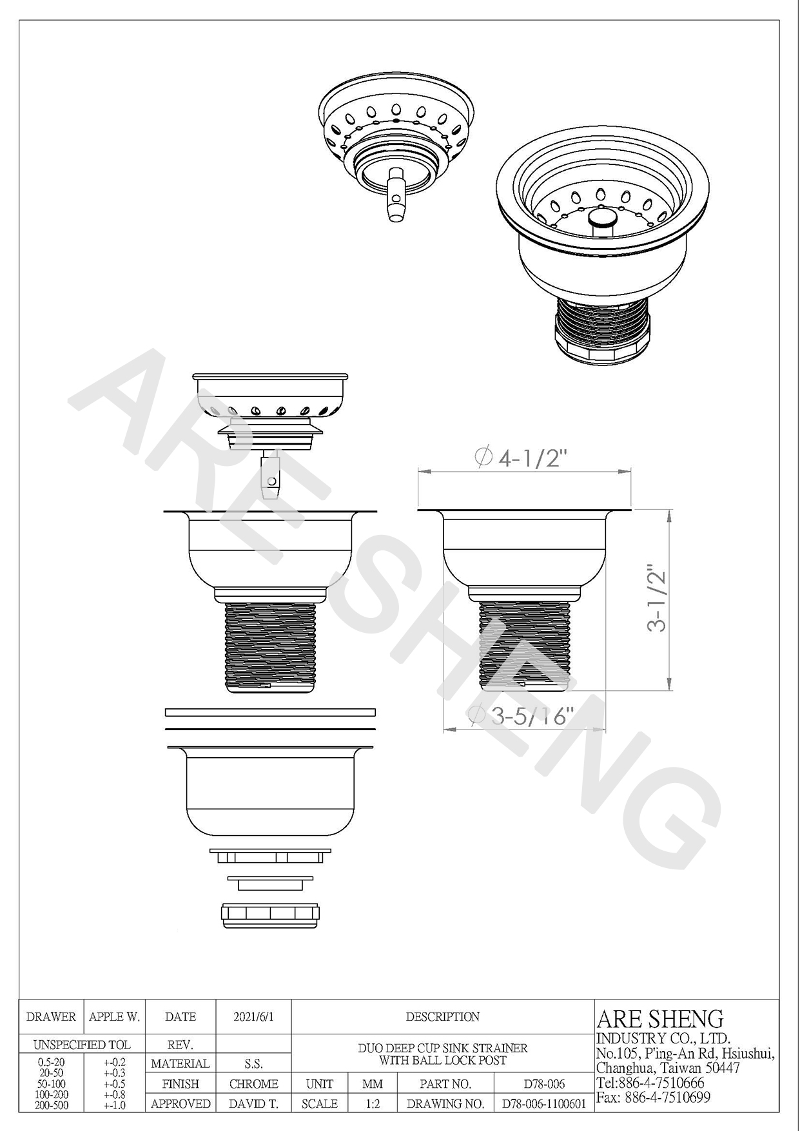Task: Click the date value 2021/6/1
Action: (253, 1017)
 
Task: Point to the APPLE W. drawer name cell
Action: (115, 1017)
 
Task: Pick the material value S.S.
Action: (253, 1064)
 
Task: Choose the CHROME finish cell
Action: (253, 1084)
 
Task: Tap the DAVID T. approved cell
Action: (253, 1104)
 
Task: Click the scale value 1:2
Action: (373, 1104)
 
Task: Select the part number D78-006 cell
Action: (544, 1084)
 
